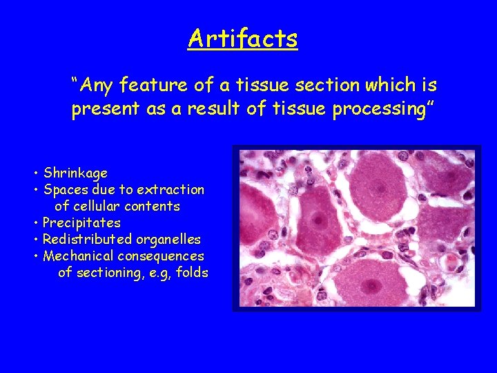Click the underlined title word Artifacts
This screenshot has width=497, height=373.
coord(242,38)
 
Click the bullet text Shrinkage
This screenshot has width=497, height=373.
coord(75,173)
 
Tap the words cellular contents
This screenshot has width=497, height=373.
coord(117,206)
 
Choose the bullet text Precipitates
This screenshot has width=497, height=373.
coord(81,222)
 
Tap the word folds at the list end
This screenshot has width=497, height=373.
coord(192,273)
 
